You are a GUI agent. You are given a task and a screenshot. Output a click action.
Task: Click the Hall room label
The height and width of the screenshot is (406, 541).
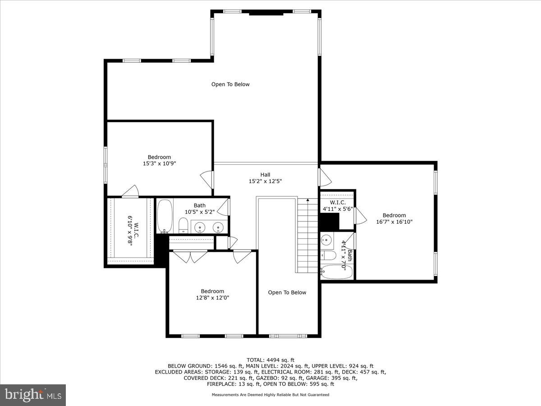[x=265, y=175]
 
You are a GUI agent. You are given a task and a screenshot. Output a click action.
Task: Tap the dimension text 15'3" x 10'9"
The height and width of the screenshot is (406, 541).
[x=159, y=164]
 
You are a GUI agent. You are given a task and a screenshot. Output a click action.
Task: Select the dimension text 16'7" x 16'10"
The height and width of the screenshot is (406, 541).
[x=394, y=221]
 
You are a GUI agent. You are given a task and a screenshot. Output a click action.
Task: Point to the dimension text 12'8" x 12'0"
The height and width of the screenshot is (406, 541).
[x=212, y=298]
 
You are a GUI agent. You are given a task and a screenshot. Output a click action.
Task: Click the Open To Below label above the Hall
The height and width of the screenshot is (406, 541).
[x=230, y=84]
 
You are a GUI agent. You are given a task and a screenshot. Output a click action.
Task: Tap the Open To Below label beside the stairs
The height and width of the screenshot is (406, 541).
[x=287, y=292]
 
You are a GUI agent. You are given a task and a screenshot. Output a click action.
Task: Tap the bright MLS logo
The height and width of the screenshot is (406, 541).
[x=33, y=395]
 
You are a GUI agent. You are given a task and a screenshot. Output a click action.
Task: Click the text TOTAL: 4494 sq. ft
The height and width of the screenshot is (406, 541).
[x=270, y=360]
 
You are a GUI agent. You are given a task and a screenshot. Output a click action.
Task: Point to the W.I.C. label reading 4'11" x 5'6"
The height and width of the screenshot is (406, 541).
[x=338, y=206]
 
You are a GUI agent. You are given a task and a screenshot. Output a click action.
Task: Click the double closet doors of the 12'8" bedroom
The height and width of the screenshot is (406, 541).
[x=191, y=256]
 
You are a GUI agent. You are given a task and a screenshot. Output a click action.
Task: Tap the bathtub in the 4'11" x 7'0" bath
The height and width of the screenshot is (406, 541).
[x=336, y=272]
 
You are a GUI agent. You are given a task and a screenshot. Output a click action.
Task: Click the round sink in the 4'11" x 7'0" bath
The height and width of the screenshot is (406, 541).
[x=326, y=240]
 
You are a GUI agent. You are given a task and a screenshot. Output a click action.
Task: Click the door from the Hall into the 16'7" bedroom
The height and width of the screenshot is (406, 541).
[x=325, y=177]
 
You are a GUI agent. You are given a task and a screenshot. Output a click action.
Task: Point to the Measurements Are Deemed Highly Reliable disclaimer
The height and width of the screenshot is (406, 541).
[x=270, y=395]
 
